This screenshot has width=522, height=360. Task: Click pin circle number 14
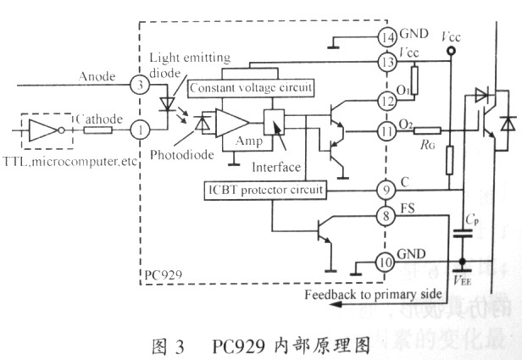[x=388, y=37]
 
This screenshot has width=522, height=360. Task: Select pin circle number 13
[x=388, y=63]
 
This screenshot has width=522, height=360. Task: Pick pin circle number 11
[x=388, y=132]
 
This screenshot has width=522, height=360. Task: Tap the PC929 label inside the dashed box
[x=162, y=276]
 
